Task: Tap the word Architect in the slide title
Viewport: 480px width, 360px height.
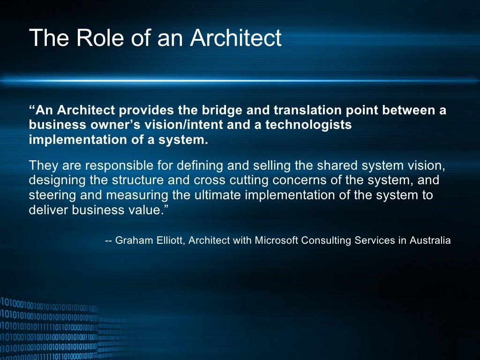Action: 236,38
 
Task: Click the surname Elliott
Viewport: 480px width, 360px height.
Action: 169,240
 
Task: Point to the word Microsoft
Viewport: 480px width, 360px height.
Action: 277,240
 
